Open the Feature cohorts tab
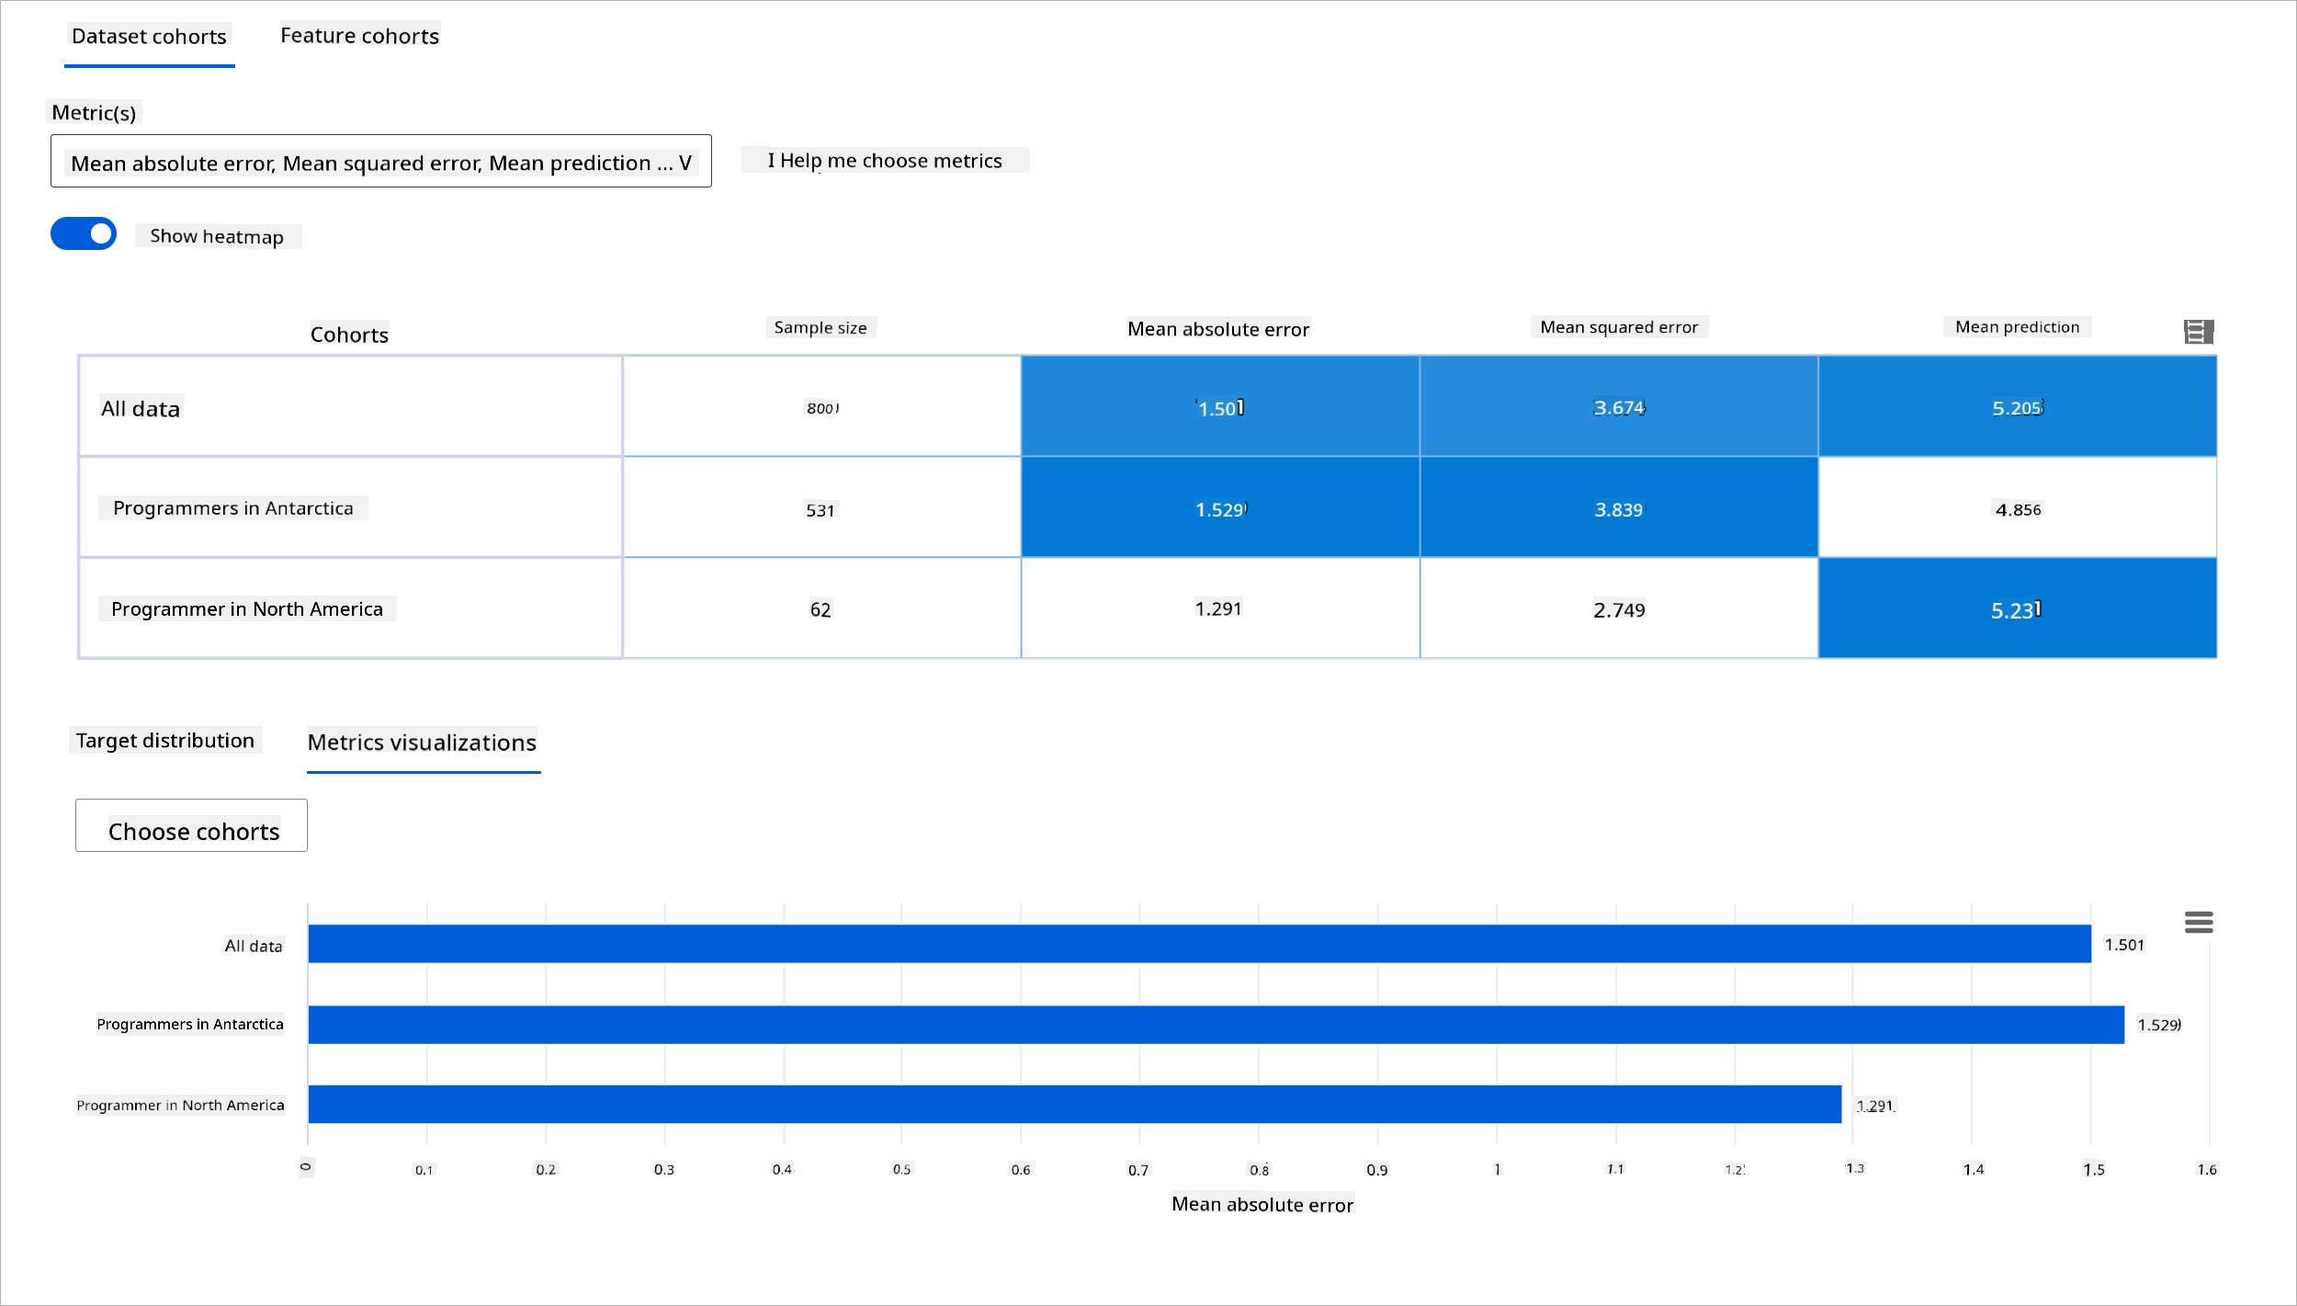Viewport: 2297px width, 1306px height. (x=359, y=36)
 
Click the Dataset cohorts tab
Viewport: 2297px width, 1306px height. (x=149, y=37)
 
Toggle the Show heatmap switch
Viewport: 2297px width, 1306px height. (x=84, y=233)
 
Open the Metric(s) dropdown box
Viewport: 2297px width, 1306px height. (x=380, y=162)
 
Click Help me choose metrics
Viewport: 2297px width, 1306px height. (x=885, y=161)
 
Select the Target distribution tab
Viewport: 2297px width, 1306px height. (x=165, y=741)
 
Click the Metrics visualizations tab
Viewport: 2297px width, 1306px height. (x=422, y=743)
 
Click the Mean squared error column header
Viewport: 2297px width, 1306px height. (x=1619, y=327)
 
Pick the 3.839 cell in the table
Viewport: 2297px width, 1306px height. (x=1618, y=509)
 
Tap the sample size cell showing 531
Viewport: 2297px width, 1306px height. (x=820, y=510)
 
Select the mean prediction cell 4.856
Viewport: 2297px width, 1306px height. (x=2018, y=509)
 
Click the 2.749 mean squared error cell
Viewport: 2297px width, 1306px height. (x=1618, y=609)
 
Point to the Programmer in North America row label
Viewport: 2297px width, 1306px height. (x=246, y=609)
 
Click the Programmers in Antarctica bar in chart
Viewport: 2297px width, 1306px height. (x=1215, y=1025)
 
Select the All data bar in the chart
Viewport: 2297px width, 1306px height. (x=1198, y=944)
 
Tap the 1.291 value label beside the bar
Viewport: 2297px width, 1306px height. (x=1874, y=1106)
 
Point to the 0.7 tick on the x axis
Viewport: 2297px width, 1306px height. (x=1138, y=1170)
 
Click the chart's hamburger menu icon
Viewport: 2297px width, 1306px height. (x=2199, y=922)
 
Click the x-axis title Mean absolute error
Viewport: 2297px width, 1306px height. (x=1262, y=1205)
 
